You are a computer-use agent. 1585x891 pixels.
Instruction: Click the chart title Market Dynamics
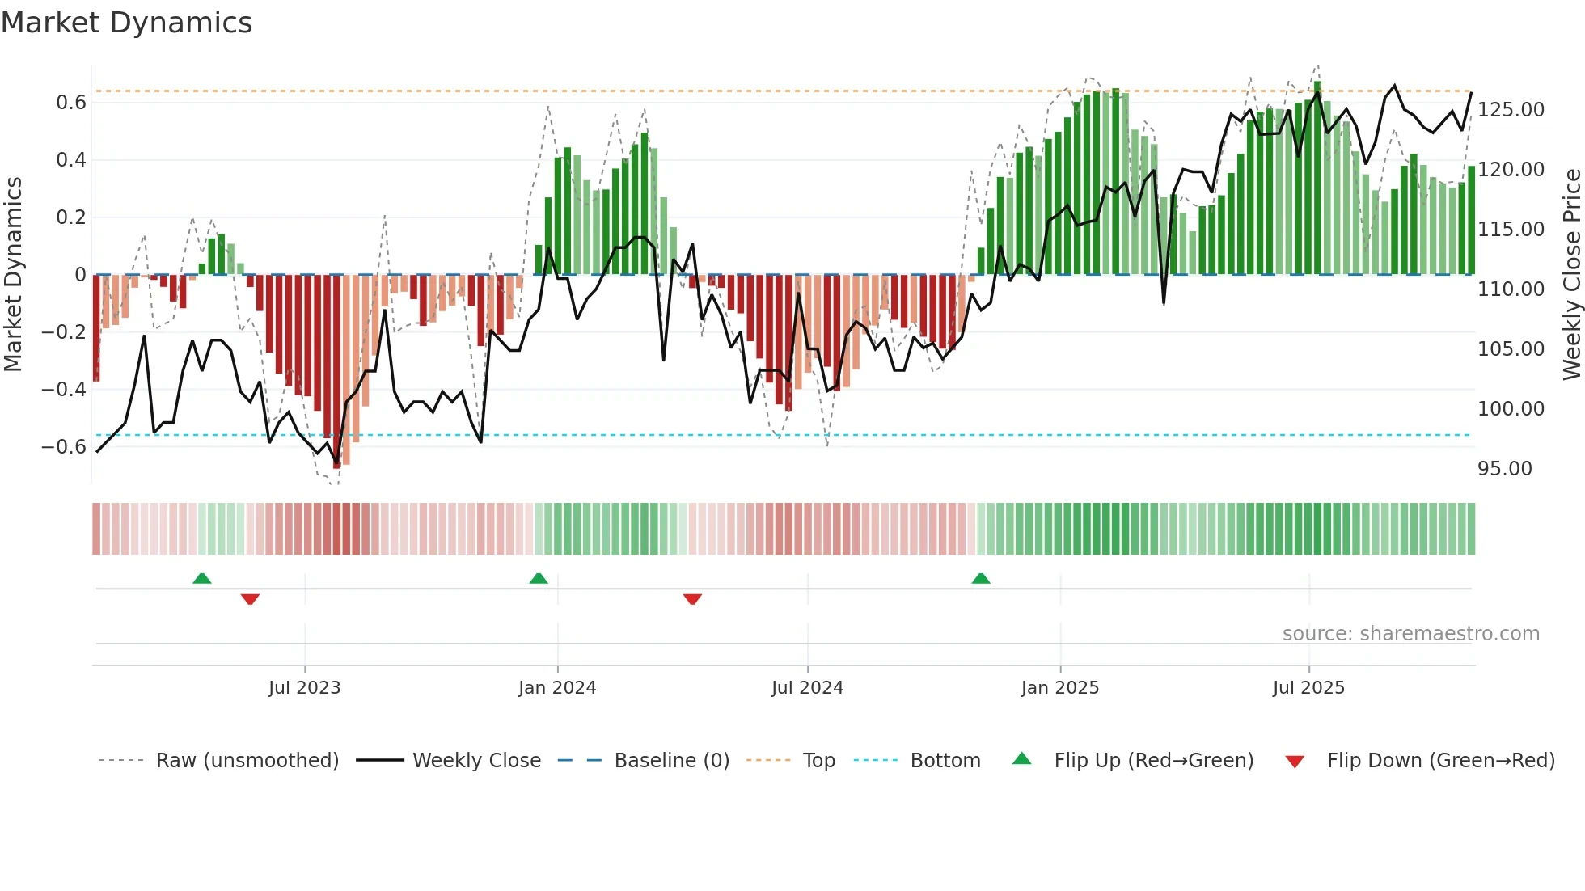(x=126, y=23)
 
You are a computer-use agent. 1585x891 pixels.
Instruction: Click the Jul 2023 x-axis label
(x=304, y=688)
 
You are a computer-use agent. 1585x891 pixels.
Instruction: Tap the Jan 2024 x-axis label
(x=557, y=688)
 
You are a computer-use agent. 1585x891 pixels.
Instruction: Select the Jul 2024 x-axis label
(x=807, y=688)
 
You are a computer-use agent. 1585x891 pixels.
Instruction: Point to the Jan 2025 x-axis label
(x=1059, y=688)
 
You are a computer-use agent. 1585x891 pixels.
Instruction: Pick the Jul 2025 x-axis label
(x=1308, y=688)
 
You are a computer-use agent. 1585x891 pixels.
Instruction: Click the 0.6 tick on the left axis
(x=71, y=103)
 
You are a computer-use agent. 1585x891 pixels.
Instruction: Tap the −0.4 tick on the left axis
(x=64, y=390)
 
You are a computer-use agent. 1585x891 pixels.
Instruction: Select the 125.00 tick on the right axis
(x=1511, y=110)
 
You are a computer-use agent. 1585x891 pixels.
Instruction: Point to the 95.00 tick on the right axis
(x=1504, y=469)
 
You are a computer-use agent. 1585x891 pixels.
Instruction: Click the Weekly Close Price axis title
(x=1571, y=274)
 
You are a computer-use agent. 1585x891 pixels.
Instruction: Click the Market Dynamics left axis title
(x=13, y=274)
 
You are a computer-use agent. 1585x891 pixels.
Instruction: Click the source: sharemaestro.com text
(x=1410, y=634)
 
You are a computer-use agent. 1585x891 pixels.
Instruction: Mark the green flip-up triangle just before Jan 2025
(x=980, y=578)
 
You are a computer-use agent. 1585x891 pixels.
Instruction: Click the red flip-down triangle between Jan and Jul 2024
(x=692, y=599)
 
